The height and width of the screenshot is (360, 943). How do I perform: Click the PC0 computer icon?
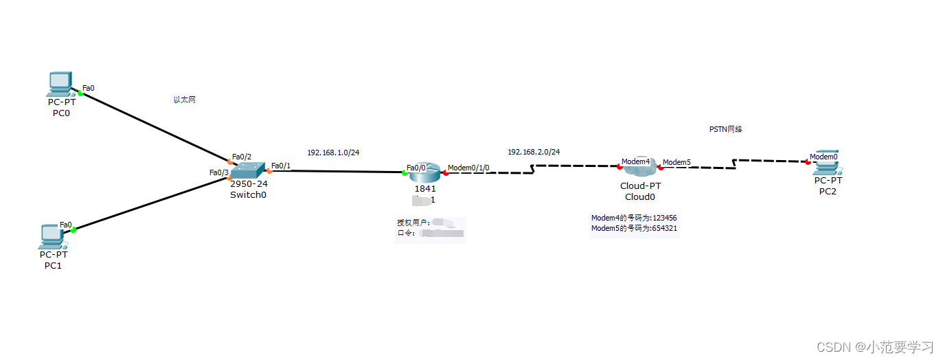pos(60,84)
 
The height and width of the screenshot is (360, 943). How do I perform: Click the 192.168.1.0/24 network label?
pos(333,152)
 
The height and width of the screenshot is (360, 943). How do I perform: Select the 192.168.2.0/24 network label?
pos(534,152)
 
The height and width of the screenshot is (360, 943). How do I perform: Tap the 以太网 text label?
pos(184,100)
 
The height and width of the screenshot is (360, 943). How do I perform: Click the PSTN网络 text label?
pos(725,128)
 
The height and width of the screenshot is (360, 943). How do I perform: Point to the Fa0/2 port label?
pos(242,156)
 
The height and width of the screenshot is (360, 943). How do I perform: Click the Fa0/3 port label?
pos(219,172)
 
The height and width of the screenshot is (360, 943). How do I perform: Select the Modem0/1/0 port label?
pos(468,168)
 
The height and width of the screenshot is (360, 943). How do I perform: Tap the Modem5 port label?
pos(677,162)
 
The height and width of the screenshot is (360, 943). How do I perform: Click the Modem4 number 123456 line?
pos(634,218)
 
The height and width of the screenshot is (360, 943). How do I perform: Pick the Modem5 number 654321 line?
pos(634,228)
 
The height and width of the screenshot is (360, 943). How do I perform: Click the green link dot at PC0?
pos(80,93)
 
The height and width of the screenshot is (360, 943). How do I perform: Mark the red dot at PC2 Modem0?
pos(808,162)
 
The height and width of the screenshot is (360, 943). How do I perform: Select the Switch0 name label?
pos(248,194)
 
